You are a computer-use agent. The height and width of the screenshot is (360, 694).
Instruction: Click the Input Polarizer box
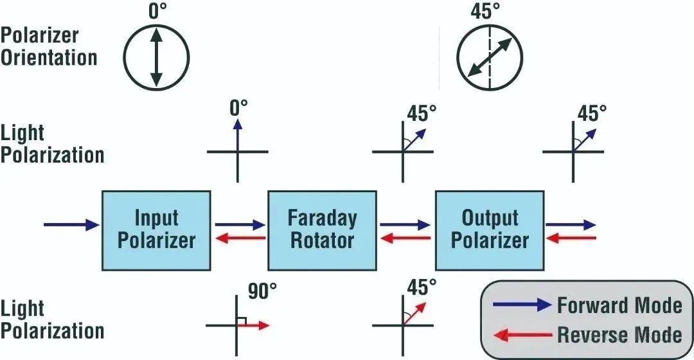coord(156,230)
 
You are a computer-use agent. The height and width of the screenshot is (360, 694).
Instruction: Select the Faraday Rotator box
coord(322,230)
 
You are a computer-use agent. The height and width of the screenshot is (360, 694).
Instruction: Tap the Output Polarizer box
coord(490,230)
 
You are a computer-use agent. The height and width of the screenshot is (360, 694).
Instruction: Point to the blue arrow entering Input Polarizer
coord(71,224)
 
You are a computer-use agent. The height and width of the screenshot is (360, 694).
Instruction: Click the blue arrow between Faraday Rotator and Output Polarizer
coord(405,225)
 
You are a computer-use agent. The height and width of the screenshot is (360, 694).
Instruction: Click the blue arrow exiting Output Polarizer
coord(571,225)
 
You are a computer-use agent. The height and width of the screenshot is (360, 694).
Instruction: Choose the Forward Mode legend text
coord(619,305)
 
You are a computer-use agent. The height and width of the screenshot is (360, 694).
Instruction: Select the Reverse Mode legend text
coord(619,334)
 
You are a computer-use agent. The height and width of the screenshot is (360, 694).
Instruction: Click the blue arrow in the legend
coord(522,305)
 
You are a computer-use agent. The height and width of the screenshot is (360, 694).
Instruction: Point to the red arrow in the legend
coord(522,334)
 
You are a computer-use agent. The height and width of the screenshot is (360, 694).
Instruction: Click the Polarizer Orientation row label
coord(49,46)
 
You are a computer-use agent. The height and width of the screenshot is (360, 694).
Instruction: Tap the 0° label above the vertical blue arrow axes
coord(238,107)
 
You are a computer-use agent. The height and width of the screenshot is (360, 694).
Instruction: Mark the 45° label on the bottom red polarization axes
coord(421,287)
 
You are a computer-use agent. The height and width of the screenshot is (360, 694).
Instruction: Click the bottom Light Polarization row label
coord(51,320)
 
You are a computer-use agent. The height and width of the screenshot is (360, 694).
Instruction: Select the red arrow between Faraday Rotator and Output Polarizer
coord(405,239)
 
